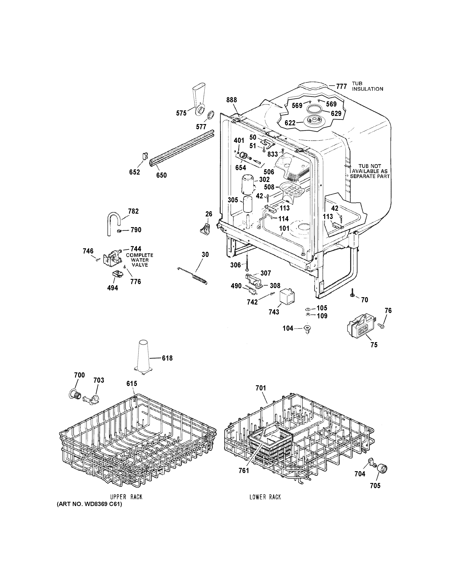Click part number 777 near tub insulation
pyautogui.click(x=341, y=86)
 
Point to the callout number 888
pyautogui.click(x=231, y=100)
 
